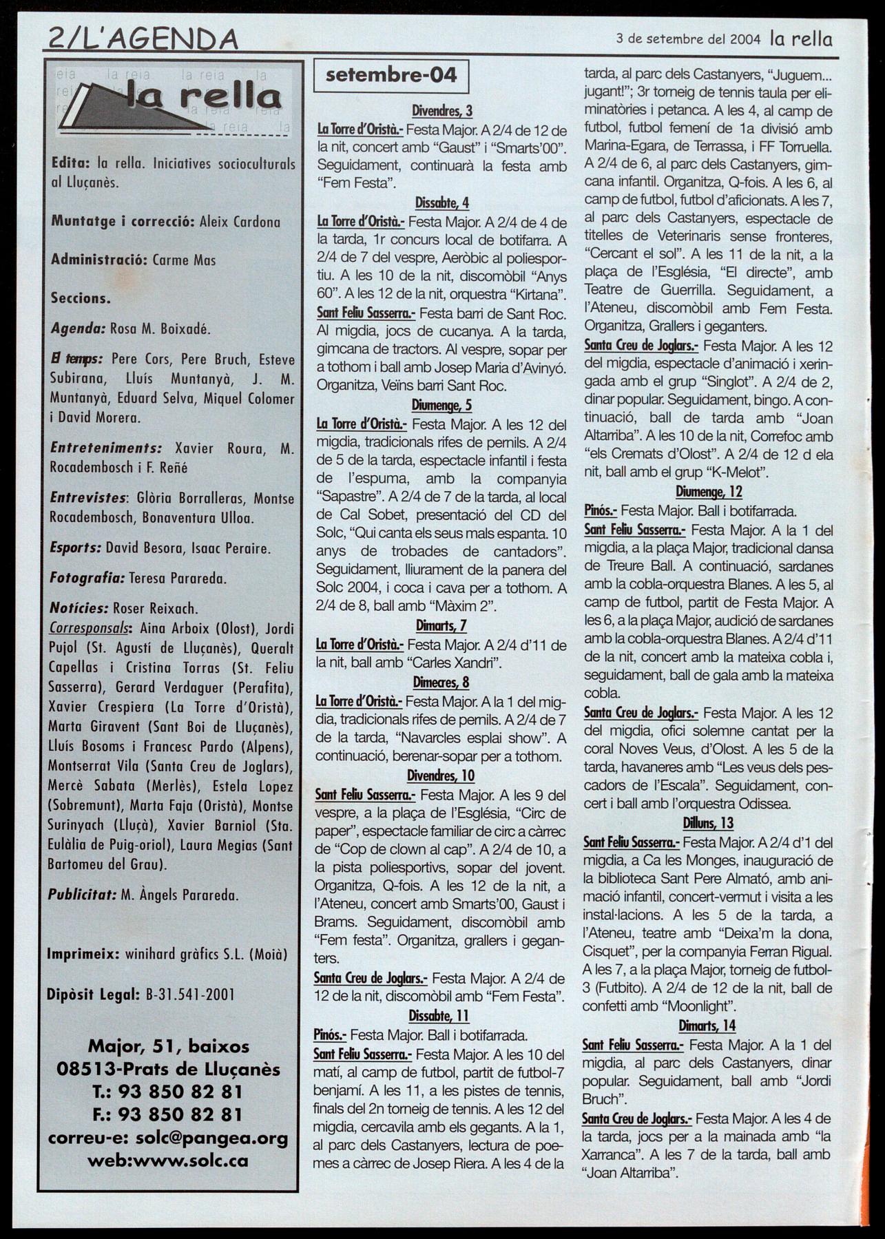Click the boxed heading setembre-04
(x=391, y=75)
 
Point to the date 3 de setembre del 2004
(x=689, y=39)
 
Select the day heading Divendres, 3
(x=442, y=110)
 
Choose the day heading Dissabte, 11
(x=439, y=1015)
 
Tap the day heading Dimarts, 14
(x=707, y=1025)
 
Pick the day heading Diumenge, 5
(x=441, y=405)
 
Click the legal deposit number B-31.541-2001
(x=191, y=995)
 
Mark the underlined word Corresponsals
(x=90, y=628)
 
